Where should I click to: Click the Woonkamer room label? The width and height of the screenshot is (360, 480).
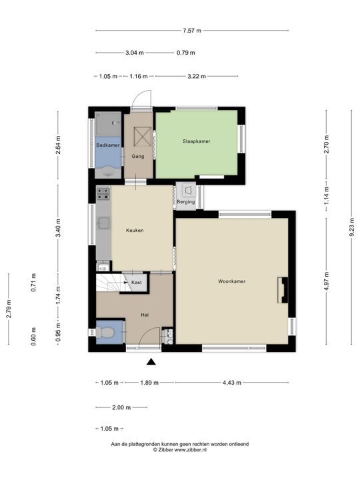tap(232, 281)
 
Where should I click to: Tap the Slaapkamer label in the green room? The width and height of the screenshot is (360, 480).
tap(196, 141)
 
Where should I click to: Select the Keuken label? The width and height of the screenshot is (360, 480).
tap(135, 230)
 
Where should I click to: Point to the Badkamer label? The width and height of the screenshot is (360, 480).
tap(108, 145)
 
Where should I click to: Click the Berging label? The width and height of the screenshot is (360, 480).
tap(186, 202)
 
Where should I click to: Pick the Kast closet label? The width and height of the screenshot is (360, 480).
tap(137, 282)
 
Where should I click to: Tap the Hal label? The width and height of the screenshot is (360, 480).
tap(145, 315)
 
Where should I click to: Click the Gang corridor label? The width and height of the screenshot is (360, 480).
tap(138, 157)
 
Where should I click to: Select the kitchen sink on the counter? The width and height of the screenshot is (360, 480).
tap(103, 223)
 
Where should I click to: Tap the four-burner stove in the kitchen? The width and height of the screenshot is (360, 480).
tap(103, 194)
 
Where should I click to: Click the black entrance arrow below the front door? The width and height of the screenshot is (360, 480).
tap(151, 362)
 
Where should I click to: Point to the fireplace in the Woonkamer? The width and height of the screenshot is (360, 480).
tap(283, 290)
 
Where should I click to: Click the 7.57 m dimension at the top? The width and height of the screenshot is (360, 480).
tap(192, 30)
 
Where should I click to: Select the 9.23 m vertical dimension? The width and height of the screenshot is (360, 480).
tap(352, 227)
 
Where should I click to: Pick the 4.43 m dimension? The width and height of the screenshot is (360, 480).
tap(232, 383)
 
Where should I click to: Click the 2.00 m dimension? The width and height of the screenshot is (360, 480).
tap(121, 407)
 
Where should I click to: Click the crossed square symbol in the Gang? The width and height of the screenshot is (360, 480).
tap(143, 137)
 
